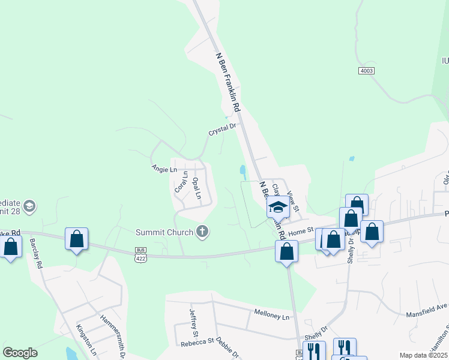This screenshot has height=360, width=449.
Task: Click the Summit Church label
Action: (164, 232)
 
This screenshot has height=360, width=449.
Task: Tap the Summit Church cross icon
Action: (203, 232)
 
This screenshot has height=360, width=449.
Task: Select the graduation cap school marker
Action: (278, 208)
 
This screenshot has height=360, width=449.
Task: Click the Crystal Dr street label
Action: (223, 130)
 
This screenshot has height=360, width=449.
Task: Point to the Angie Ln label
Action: (164, 170)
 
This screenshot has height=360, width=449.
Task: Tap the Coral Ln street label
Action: (181, 183)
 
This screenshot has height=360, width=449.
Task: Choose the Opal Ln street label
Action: (195, 188)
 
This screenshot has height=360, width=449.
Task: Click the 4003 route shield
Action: (366, 71)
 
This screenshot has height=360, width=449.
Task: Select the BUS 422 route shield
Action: (140, 253)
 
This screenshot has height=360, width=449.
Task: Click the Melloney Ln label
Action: (271, 316)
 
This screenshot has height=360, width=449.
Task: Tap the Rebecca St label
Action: (197, 344)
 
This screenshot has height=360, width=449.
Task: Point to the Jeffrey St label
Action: (193, 323)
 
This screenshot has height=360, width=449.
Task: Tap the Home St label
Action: (301, 230)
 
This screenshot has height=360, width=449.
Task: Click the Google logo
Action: (20, 353)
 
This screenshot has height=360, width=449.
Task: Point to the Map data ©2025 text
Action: (423, 355)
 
